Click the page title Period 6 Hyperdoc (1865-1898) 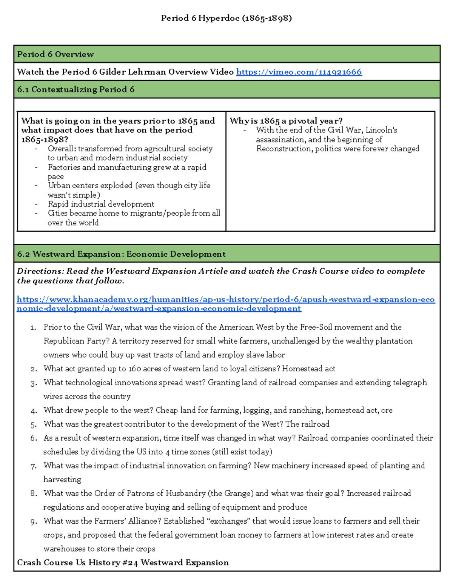point(226,18)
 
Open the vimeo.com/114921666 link point(299,72)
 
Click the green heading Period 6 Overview point(55,54)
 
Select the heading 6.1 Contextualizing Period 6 point(76,89)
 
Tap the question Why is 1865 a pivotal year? point(286,121)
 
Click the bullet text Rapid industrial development point(101,204)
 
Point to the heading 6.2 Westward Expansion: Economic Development point(121,254)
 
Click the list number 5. point(34,425)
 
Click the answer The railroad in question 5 point(307,424)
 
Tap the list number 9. point(34,521)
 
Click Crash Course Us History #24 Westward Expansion point(123,563)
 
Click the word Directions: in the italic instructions point(41,271)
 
